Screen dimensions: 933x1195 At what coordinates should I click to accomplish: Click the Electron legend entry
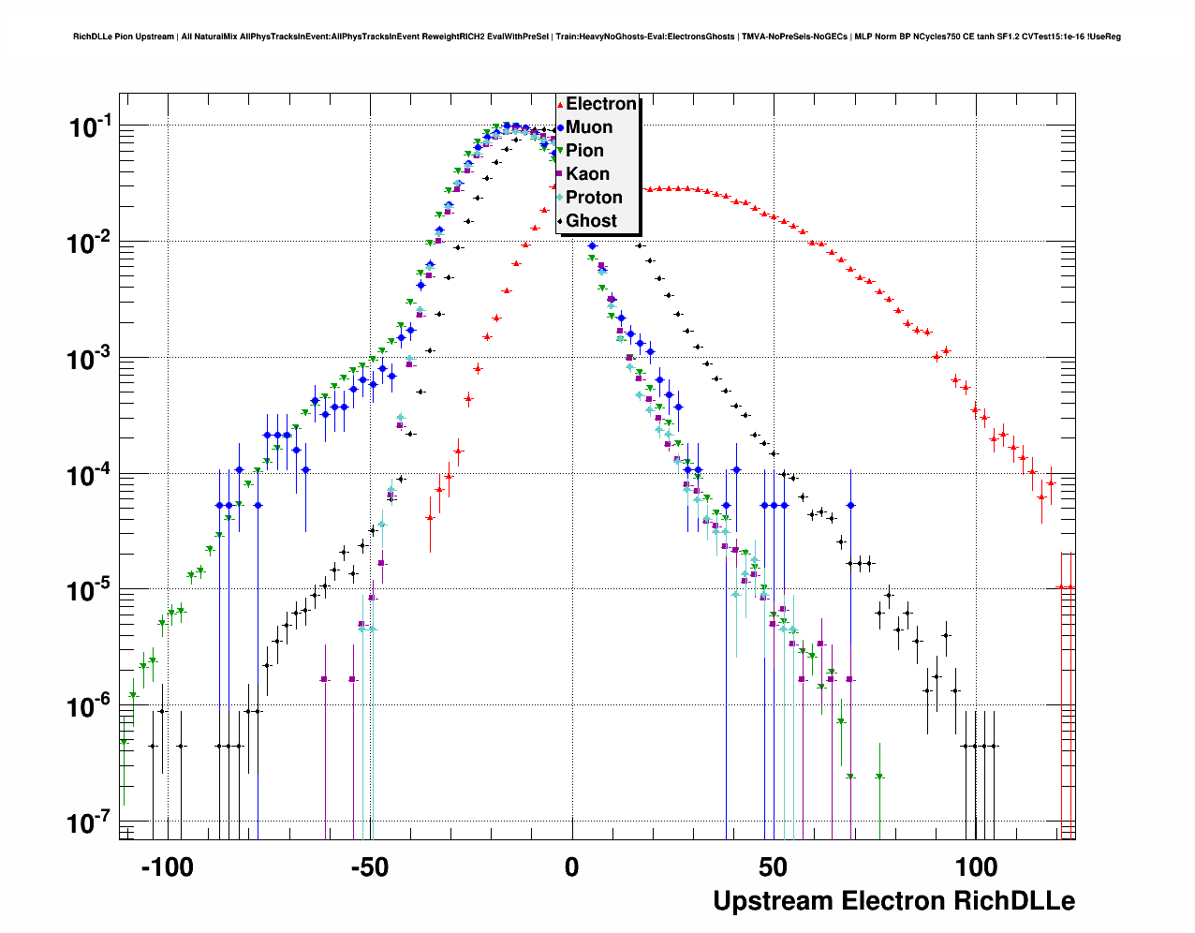pyautogui.click(x=600, y=104)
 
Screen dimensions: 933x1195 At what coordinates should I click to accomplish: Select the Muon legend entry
pyautogui.click(x=589, y=127)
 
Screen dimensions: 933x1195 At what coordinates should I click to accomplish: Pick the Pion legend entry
pyautogui.click(x=584, y=151)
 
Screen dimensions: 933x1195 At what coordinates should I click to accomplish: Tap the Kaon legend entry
pyautogui.click(x=587, y=174)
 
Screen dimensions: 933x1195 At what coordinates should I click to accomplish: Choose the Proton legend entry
pyautogui.click(x=594, y=198)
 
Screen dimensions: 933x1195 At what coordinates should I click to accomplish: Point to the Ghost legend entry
pyautogui.click(x=591, y=221)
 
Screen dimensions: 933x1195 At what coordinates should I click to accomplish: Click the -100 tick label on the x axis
pyautogui.click(x=167, y=867)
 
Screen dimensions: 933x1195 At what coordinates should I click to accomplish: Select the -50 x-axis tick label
pyautogui.click(x=369, y=867)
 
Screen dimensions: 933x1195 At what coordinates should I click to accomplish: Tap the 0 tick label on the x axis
pyautogui.click(x=571, y=867)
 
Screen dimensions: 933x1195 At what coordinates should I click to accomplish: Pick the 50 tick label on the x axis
pyautogui.click(x=774, y=867)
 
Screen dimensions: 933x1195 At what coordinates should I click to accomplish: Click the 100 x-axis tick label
pyautogui.click(x=976, y=867)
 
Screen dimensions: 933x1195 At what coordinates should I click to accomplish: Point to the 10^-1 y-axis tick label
pyautogui.click(x=91, y=126)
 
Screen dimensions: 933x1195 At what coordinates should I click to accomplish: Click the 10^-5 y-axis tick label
pyautogui.click(x=91, y=591)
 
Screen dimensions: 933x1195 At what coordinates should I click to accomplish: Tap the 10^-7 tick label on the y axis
pyautogui.click(x=91, y=823)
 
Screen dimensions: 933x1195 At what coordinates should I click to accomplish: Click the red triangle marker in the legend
pyautogui.click(x=560, y=105)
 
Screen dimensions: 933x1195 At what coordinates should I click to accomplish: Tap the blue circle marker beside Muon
pyautogui.click(x=560, y=127)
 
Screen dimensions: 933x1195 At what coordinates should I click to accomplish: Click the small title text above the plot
pyautogui.click(x=597, y=37)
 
